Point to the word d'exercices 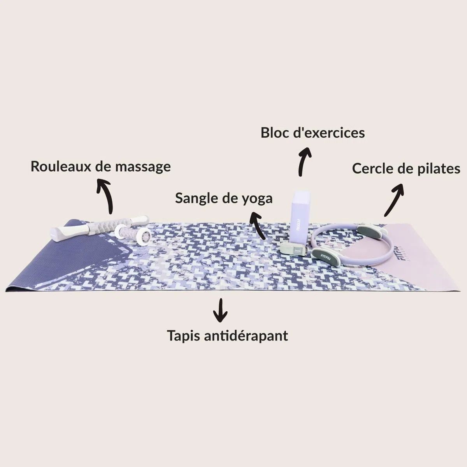click(x=329, y=133)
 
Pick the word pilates click(x=439, y=169)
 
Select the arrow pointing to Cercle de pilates click(x=394, y=200)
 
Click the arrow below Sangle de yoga click(x=257, y=225)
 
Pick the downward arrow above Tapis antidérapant click(x=220, y=310)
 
